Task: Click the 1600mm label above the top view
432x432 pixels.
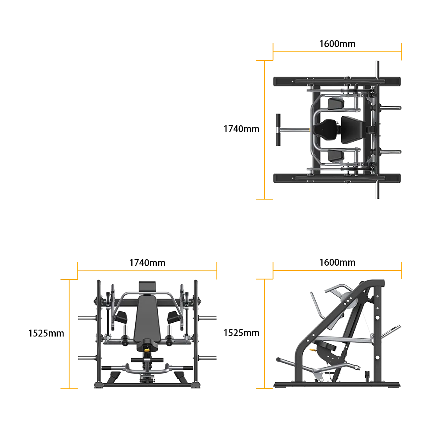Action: coord(337,44)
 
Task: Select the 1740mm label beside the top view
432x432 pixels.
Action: coord(241,129)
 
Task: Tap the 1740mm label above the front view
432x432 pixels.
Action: coord(147,263)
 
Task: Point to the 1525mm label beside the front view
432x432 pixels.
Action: coord(46,334)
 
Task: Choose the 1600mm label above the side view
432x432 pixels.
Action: coord(337,262)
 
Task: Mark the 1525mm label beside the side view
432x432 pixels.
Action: coord(241,333)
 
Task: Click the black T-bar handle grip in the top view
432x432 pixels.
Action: coord(278,130)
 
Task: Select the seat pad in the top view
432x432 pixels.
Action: coord(325,130)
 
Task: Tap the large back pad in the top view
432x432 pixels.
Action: coord(352,130)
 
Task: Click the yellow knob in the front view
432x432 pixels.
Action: coord(147,350)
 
